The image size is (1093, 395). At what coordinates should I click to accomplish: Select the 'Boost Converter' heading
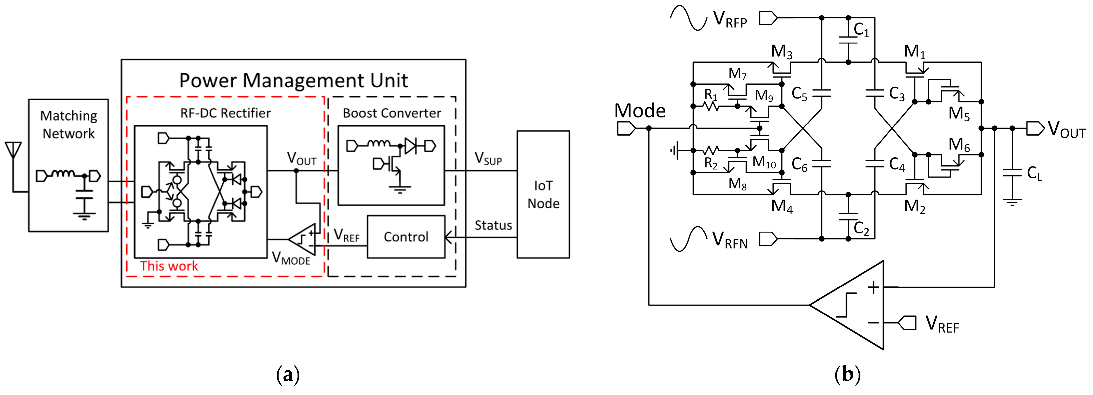pos(392,113)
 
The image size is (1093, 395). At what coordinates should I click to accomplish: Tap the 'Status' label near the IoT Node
pos(493,225)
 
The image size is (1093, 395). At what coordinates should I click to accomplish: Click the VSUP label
pos(488,159)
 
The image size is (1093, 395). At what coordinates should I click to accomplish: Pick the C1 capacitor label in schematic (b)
pos(861,30)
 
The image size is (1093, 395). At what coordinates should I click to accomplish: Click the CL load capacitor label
pos(1034,173)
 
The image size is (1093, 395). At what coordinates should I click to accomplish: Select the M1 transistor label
pos(914,52)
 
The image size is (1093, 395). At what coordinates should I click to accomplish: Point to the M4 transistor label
pos(781,206)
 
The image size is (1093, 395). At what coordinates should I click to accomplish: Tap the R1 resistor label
pos(711,95)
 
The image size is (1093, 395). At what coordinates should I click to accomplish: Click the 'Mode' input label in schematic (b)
pos(639,111)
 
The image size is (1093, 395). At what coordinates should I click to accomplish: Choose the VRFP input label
pos(730,19)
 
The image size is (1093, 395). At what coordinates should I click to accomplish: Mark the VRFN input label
pos(730,240)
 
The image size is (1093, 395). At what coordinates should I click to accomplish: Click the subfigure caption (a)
pos(288,375)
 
